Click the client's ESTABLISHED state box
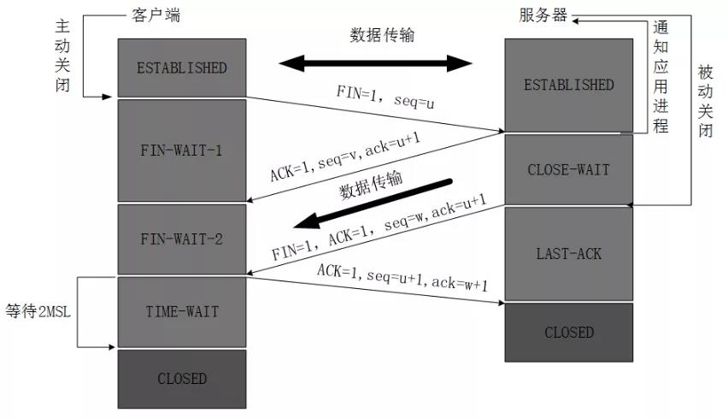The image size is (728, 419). pyautogui.click(x=182, y=68)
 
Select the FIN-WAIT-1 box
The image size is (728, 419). pyautogui.click(x=182, y=150)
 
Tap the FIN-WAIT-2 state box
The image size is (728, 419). pyautogui.click(x=182, y=239)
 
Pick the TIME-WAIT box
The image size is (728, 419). pyautogui.click(x=182, y=311)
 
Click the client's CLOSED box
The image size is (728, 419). pyautogui.click(x=182, y=378)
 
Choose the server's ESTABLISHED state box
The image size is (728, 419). pyautogui.click(x=568, y=85)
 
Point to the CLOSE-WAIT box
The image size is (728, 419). pyautogui.click(x=568, y=169)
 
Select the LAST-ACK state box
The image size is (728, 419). pyautogui.click(x=568, y=254)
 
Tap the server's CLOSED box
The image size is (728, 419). pyautogui.click(x=568, y=332)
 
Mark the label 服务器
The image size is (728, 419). pyautogui.click(x=545, y=15)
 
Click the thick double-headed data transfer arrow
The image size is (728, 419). pyautogui.click(x=376, y=62)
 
